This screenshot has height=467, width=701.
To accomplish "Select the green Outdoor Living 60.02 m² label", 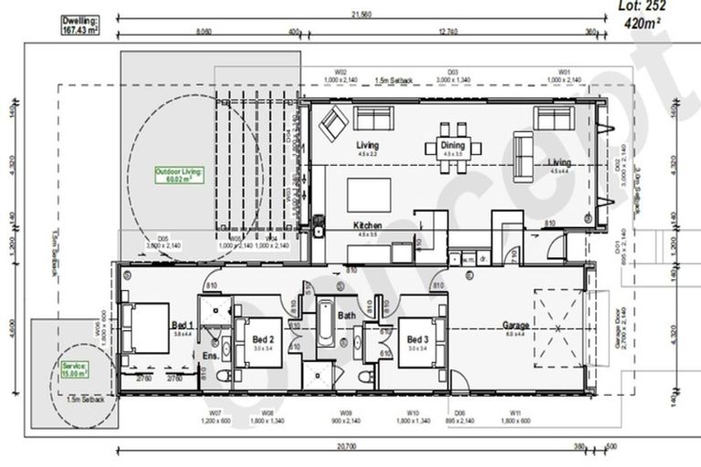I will (x=178, y=175).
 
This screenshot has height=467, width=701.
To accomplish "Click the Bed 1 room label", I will (x=183, y=327).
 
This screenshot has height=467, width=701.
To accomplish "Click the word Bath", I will (x=347, y=316).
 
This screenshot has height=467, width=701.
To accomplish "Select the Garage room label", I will (x=517, y=326).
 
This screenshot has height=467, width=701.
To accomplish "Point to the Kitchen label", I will (x=368, y=225).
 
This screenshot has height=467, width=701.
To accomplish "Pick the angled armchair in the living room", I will (x=333, y=122).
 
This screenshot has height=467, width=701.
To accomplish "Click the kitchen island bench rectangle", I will (x=369, y=194).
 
